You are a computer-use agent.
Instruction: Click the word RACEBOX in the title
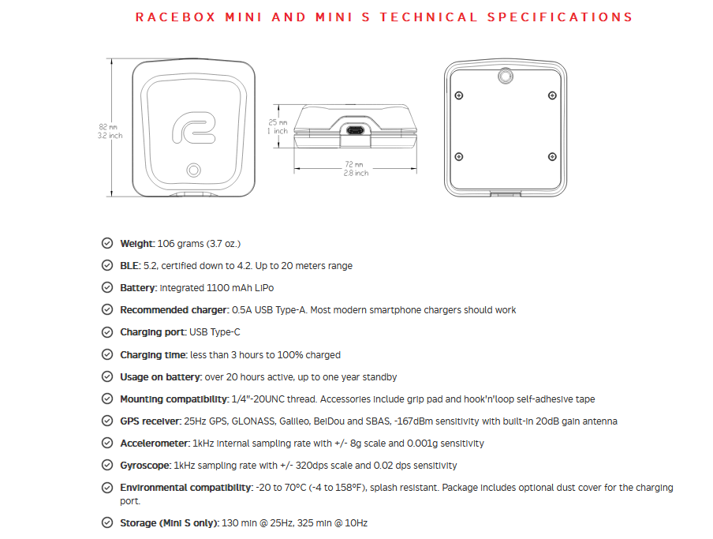tap(170, 17)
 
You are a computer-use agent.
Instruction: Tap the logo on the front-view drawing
tap(192, 129)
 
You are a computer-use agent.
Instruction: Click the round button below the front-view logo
tap(192, 170)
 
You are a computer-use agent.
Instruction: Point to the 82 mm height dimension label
tap(110, 131)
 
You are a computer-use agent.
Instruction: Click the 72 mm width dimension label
tap(353, 169)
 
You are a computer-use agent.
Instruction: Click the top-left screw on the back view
tap(459, 95)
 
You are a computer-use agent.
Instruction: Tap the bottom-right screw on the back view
tap(551, 156)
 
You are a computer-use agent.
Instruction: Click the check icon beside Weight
tap(106, 244)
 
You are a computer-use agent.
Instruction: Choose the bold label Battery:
tap(138, 288)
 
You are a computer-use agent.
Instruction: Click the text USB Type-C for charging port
tap(215, 332)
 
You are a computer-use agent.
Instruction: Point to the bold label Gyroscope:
tap(145, 466)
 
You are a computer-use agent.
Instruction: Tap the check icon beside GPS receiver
tap(106, 421)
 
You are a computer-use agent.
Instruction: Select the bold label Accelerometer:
tap(155, 444)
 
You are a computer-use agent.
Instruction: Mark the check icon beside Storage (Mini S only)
tap(106, 522)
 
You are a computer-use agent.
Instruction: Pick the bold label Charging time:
tap(153, 355)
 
